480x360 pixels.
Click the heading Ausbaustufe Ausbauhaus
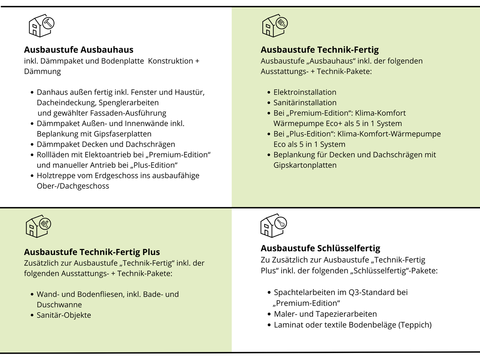(79, 50)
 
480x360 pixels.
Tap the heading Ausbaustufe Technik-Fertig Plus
(92, 252)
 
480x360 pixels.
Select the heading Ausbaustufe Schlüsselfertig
(320, 248)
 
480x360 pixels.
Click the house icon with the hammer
(41, 26)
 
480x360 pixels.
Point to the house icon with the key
(273, 226)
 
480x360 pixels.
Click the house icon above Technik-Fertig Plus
(38, 226)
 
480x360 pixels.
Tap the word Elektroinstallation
(305, 92)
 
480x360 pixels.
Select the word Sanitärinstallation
(305, 103)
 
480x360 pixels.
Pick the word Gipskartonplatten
(305, 165)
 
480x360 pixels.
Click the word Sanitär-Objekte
(64, 315)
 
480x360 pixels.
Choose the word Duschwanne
(59, 305)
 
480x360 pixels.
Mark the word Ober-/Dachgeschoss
(73, 186)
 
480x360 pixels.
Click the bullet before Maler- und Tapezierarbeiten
(269, 314)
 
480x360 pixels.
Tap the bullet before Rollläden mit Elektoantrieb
(32, 155)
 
